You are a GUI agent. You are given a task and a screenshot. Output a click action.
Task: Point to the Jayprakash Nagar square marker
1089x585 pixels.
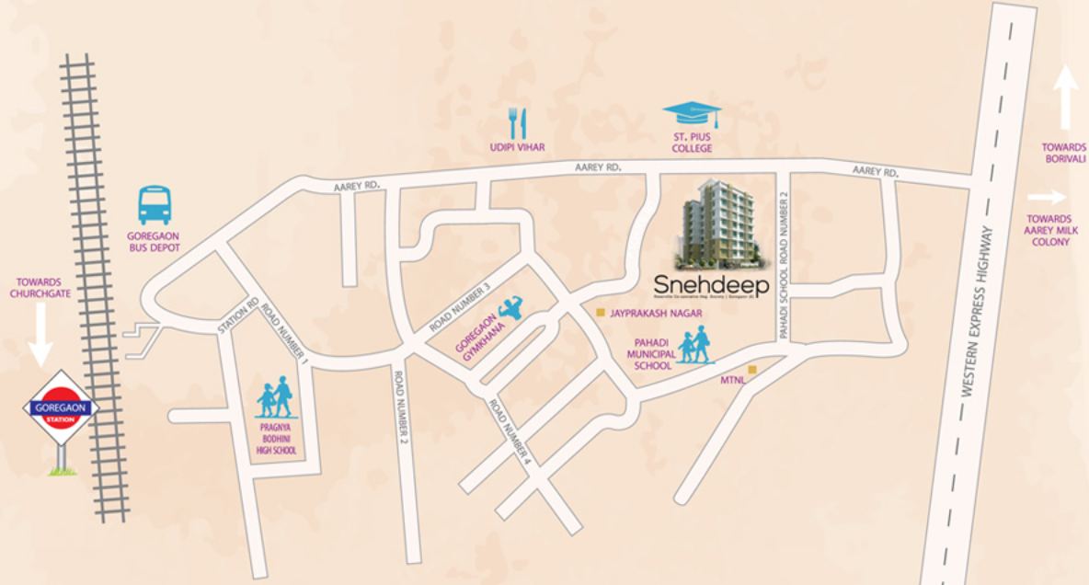tap(600, 313)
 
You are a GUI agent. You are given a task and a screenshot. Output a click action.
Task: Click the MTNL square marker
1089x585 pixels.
tap(751, 370)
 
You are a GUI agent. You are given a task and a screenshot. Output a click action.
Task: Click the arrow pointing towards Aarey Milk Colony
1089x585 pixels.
tap(1046, 196)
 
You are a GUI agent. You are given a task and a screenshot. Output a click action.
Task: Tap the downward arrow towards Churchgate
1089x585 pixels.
tap(40, 334)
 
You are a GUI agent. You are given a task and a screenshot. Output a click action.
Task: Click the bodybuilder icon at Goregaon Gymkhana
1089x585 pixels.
tap(509, 308)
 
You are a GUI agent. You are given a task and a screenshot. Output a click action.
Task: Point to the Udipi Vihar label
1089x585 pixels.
tap(516, 147)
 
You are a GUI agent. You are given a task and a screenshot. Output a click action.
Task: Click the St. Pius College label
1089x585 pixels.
tap(692, 143)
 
